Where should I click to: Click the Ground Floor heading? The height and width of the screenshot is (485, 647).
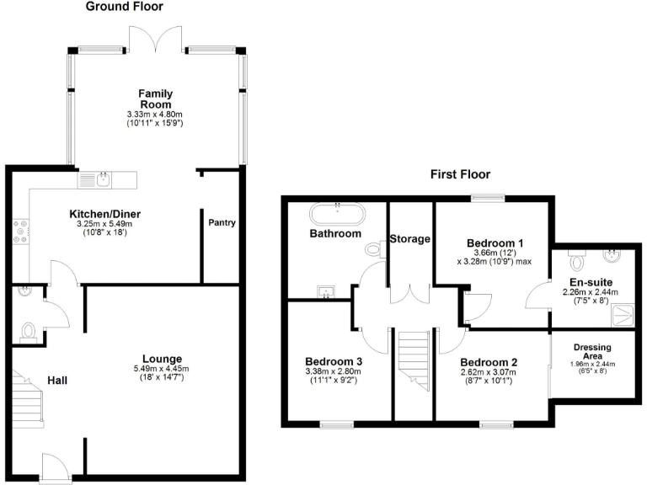(125, 7)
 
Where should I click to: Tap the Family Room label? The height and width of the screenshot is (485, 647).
(155, 99)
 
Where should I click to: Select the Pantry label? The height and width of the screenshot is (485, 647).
(222, 223)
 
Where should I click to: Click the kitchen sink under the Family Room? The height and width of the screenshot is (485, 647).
(102, 179)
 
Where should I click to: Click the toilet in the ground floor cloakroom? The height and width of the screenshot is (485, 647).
(28, 332)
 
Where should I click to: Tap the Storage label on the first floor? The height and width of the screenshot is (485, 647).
(410, 239)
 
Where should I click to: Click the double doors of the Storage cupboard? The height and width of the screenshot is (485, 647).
(410, 295)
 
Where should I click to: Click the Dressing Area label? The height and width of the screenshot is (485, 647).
(592, 351)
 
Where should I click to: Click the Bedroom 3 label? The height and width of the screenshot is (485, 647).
(334, 361)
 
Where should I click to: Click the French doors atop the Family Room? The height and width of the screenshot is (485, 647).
(154, 38)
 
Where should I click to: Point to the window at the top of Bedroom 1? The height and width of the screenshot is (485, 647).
(488, 198)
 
